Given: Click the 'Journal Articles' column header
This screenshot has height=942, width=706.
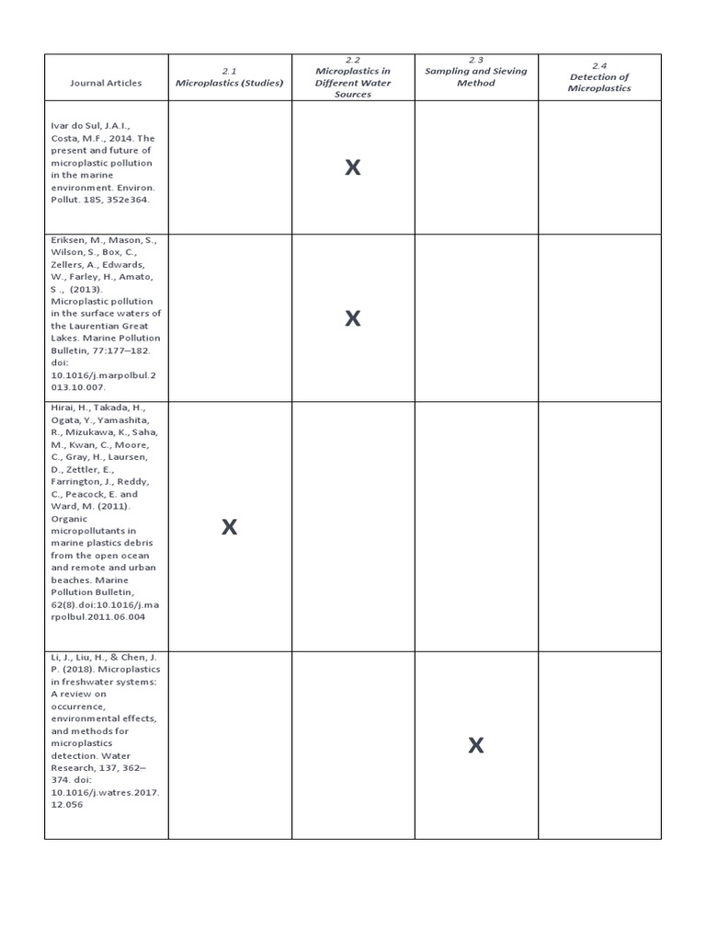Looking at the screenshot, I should click(x=106, y=83).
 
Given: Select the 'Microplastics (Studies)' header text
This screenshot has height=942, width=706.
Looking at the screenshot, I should click(x=230, y=83).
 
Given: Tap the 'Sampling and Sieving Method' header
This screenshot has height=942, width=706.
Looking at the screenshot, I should click(x=476, y=76).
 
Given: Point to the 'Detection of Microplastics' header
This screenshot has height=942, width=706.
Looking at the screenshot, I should click(x=599, y=83).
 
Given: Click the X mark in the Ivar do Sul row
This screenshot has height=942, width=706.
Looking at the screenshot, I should click(x=353, y=167).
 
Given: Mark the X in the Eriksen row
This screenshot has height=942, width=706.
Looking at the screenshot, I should click(x=353, y=318).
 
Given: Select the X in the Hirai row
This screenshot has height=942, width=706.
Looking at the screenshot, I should click(x=230, y=527).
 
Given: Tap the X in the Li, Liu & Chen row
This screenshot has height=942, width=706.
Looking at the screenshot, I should click(x=476, y=745).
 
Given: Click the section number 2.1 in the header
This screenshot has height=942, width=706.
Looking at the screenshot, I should click(x=230, y=71).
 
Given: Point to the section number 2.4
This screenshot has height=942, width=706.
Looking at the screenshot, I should click(x=599, y=65).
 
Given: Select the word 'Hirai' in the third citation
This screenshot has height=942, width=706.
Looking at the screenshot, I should click(x=64, y=408).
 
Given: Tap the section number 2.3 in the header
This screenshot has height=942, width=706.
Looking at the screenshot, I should click(x=476, y=59).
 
